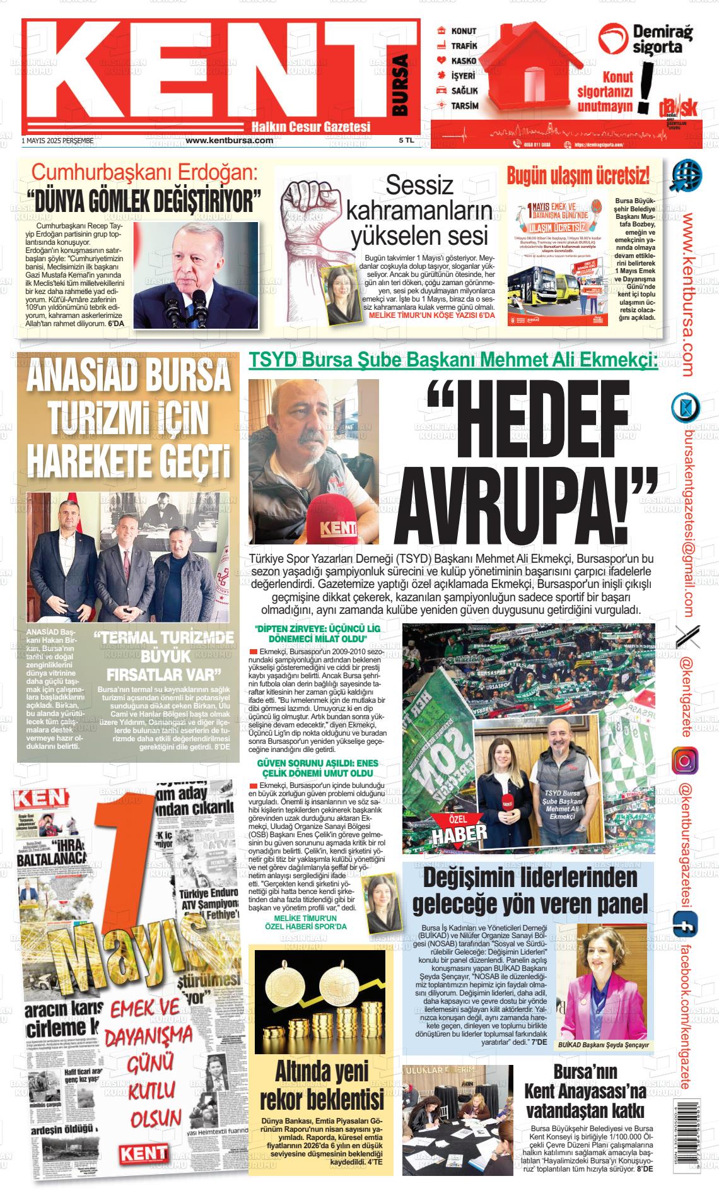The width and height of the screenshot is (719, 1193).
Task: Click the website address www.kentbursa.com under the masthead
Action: click(229, 141)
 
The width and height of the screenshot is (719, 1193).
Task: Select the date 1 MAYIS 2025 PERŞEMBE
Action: click(57, 141)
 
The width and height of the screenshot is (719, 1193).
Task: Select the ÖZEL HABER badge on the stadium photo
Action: click(460, 831)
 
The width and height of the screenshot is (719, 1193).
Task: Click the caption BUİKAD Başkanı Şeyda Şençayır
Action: click(604, 1045)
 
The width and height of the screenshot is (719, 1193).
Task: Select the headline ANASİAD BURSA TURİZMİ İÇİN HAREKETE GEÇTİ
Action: click(129, 418)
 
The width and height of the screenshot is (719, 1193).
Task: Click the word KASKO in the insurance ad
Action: click(464, 61)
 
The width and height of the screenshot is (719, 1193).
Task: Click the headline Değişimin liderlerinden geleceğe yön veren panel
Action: click(529, 891)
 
